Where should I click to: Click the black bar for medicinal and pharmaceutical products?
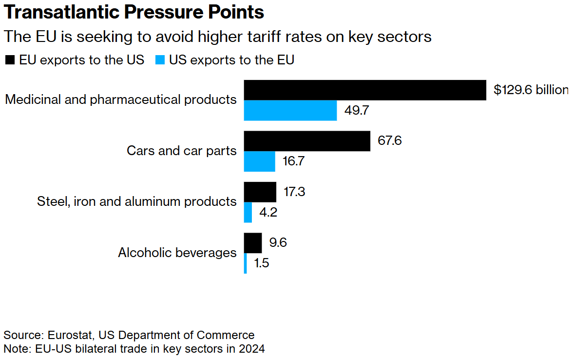365,90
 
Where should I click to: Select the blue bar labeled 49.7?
290,110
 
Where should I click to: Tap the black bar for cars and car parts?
307,141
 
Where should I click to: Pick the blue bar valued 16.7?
260,161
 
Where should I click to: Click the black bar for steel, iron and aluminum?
260,192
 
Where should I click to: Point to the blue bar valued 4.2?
248,212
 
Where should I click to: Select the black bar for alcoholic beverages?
253,243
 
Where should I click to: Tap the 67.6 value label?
390,141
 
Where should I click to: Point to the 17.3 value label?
294,192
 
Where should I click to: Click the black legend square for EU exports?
10,60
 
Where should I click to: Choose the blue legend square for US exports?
160,60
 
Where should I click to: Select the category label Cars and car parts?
182,150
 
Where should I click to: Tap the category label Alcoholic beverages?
177,253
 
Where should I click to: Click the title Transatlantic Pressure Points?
134,12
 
